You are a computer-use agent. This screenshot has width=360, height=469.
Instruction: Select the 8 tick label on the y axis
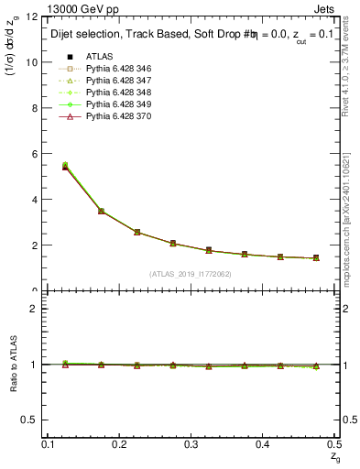click(x=36, y=108)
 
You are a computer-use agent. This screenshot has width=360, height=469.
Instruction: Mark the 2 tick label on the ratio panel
click(x=36, y=309)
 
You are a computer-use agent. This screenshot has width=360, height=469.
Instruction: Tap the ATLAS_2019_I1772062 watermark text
click(x=191, y=274)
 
